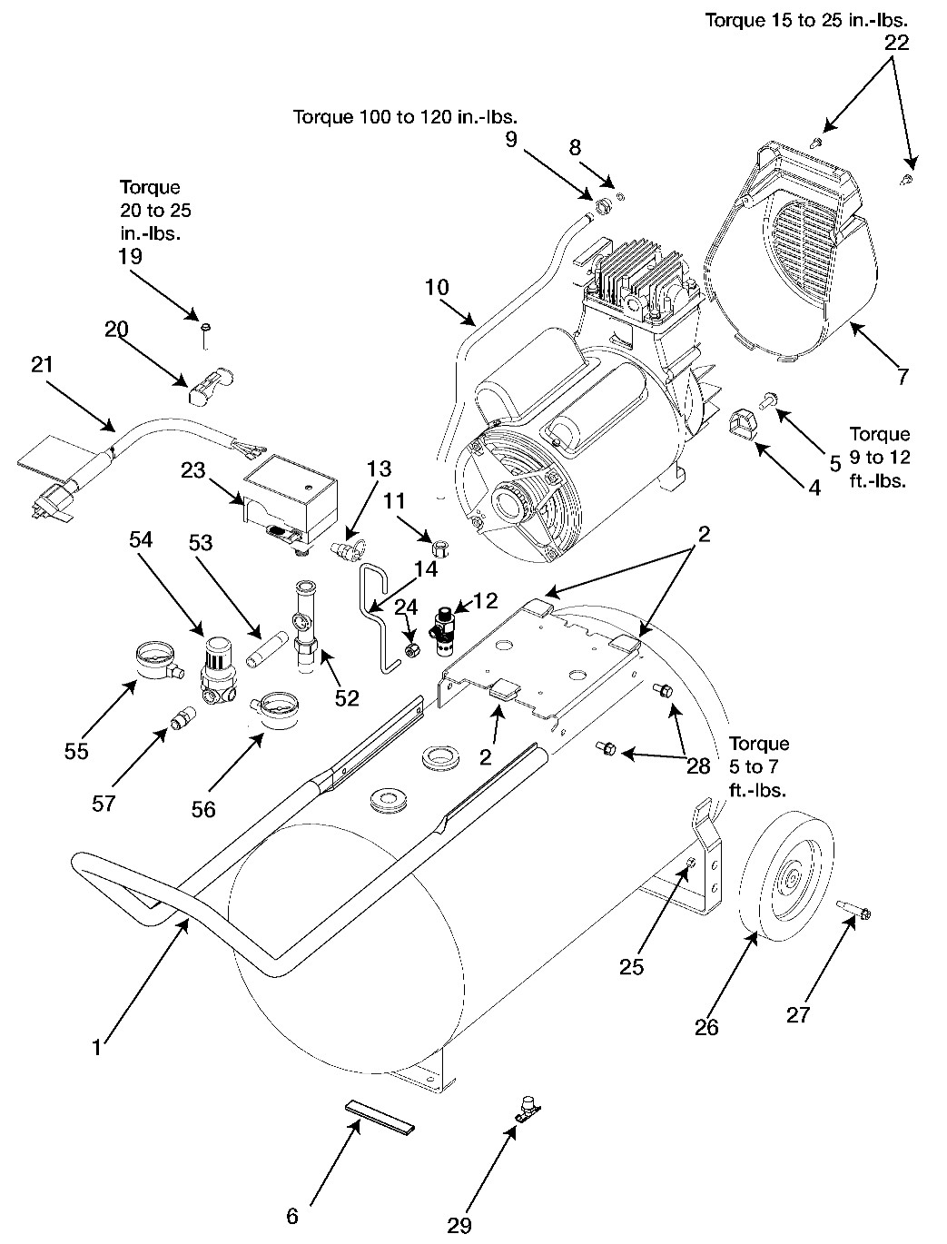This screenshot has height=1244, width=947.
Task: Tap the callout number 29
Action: (x=460, y=1225)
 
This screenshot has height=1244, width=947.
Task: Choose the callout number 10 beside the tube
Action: (x=437, y=287)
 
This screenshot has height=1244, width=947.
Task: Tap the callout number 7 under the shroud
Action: (x=902, y=377)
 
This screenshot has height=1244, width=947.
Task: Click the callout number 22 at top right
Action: (x=894, y=43)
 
